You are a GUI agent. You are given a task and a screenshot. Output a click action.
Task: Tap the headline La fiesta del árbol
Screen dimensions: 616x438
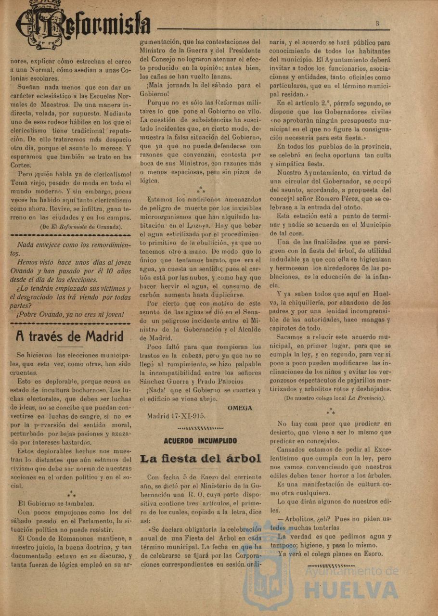click(x=200, y=459)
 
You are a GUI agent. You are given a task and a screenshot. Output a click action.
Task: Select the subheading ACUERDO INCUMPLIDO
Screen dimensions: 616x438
click(x=200, y=440)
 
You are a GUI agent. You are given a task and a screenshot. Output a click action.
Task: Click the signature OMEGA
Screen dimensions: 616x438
click(x=240, y=408)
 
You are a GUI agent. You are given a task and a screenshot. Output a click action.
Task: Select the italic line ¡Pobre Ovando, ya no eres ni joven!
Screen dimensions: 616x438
click(x=70, y=315)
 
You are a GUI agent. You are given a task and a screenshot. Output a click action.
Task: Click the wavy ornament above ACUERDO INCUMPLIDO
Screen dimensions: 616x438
click(x=200, y=428)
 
